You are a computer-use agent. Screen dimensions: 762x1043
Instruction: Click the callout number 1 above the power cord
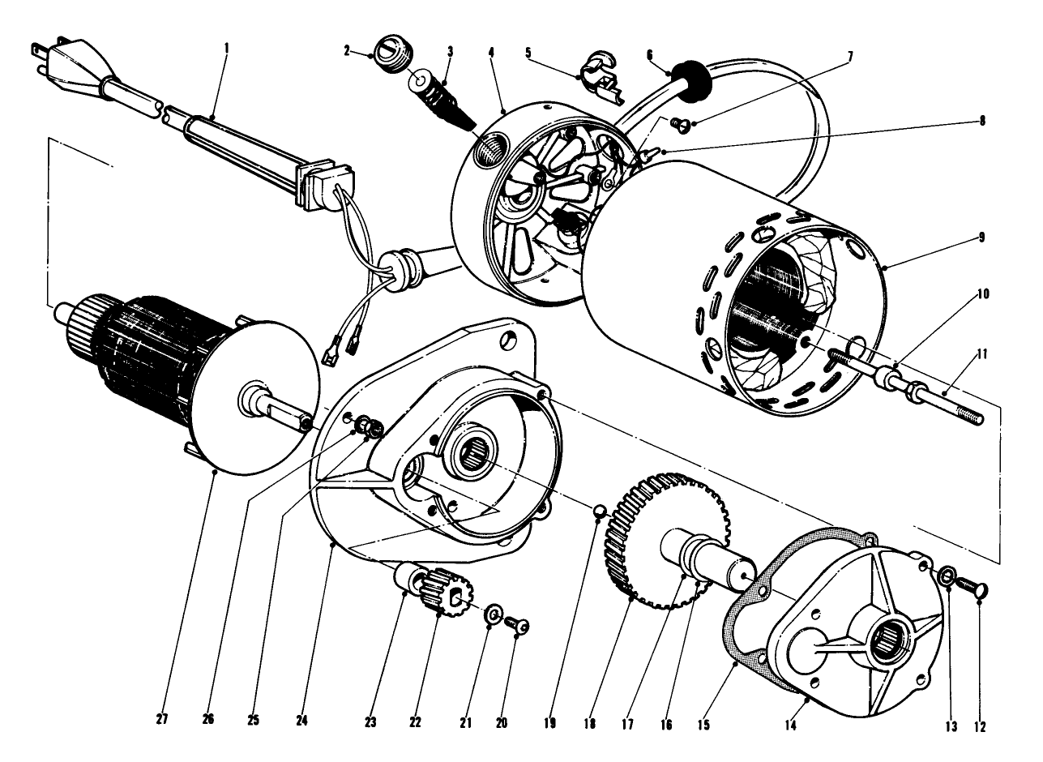[x=226, y=48]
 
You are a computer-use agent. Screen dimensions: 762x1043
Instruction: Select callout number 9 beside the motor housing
[x=981, y=237]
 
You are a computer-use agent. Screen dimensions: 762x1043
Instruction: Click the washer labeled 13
[x=946, y=577]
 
